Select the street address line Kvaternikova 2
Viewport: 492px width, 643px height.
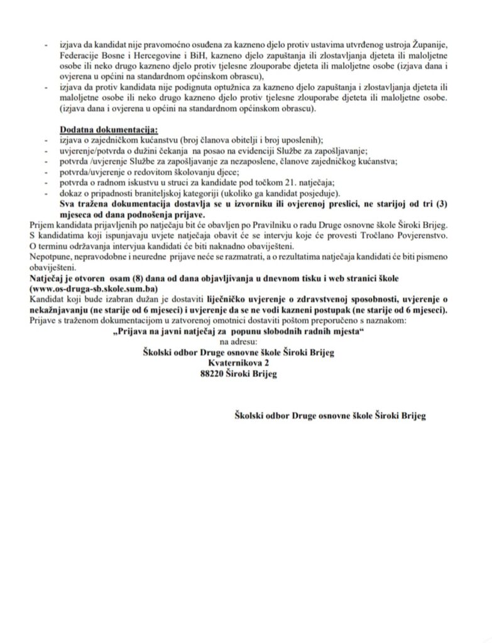(241, 362)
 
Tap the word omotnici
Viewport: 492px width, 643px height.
(202, 321)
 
